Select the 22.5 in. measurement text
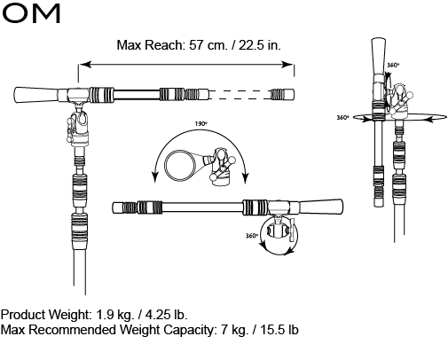pos(257,45)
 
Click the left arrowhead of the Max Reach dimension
pos(83,63)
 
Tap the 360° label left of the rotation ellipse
pos(343,117)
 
